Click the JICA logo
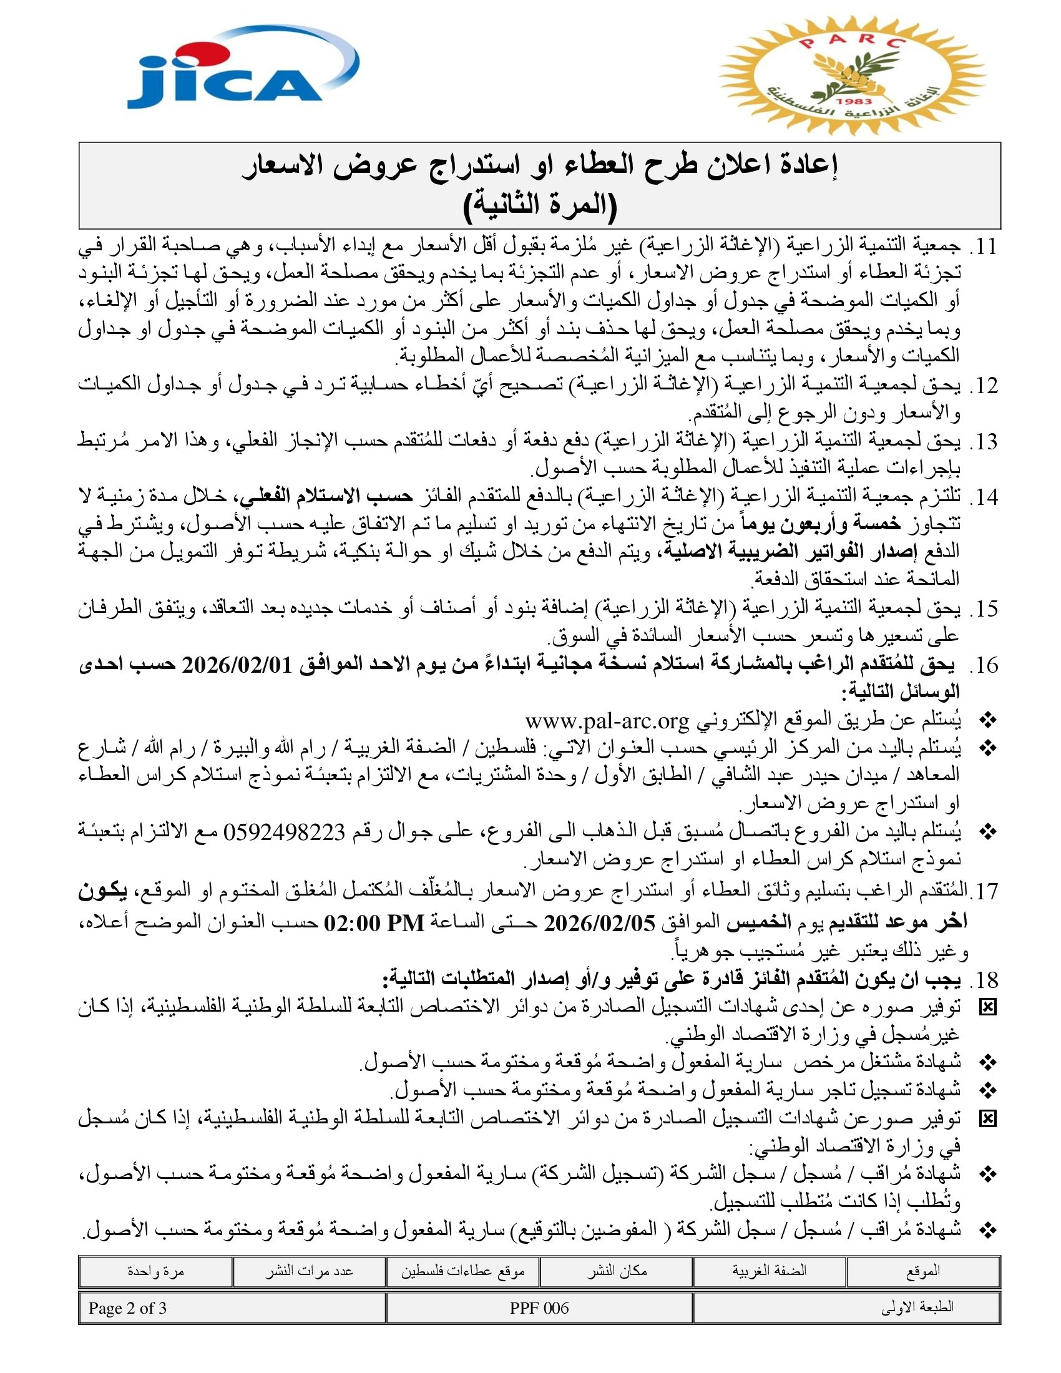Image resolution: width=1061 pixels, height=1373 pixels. coord(239,69)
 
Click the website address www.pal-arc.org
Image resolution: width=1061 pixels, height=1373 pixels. coord(607,720)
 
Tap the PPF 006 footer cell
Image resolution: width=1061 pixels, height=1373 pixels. coord(539,1308)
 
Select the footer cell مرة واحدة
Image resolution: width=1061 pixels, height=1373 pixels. coord(155,1271)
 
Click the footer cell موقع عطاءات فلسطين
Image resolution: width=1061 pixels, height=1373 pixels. coord(462,1271)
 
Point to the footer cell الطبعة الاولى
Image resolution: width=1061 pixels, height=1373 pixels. coord(917,1308)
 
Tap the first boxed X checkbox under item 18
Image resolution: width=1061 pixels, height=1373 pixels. coord(988,1008)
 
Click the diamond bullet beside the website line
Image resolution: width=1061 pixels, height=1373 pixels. coord(988,720)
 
